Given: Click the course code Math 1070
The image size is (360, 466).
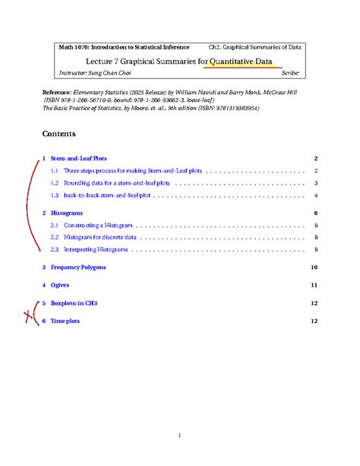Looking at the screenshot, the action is [x=74, y=47].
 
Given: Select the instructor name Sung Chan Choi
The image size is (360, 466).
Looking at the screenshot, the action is [x=114, y=73].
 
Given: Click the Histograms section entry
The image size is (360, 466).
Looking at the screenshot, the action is [x=67, y=214].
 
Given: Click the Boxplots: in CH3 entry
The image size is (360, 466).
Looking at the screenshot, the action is [x=74, y=303].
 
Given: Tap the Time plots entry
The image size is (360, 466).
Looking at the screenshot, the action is [x=65, y=321].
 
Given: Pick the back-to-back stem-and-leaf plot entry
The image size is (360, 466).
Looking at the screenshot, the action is [x=107, y=195].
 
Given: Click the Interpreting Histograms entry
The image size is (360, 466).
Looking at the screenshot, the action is [x=96, y=249].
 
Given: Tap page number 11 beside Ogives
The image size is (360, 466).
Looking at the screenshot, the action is [x=314, y=285].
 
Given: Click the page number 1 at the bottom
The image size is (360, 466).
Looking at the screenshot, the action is [x=180, y=436].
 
